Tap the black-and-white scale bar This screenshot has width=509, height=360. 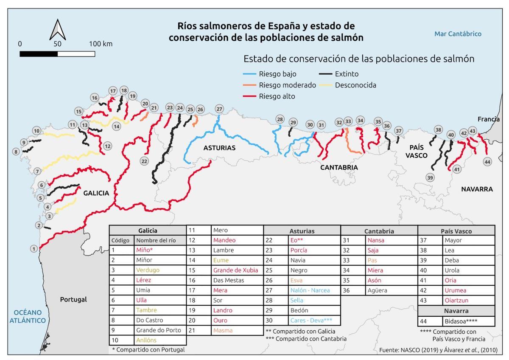point(57,54)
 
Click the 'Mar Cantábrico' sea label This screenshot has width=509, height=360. point(458,34)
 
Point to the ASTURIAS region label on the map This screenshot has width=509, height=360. point(219,148)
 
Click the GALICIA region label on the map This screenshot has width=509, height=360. point(96,193)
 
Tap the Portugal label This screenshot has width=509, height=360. point(73,299)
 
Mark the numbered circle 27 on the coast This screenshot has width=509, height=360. point(219,109)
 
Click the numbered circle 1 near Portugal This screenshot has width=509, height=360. point(34,249)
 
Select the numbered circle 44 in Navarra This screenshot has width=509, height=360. point(487,162)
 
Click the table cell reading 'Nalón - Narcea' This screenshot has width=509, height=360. point(310,290)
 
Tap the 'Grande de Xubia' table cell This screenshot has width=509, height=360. point(235,270)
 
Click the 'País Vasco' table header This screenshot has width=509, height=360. point(456,231)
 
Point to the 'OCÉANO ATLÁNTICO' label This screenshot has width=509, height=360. point(28,316)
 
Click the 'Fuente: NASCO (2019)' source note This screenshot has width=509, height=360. point(438,350)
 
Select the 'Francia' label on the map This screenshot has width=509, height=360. point(488,119)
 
